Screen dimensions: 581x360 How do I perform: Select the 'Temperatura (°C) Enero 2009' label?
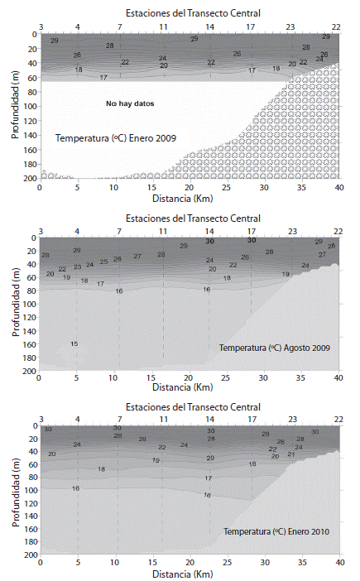(x=117, y=138)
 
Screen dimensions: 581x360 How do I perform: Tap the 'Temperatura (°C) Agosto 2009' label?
(x=275, y=348)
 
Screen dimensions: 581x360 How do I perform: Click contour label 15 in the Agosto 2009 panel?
(x=74, y=343)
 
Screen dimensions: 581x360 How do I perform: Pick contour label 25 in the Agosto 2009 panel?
(x=104, y=262)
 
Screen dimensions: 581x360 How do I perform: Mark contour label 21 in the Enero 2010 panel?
(x=291, y=454)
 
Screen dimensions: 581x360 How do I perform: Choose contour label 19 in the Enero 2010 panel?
(x=156, y=460)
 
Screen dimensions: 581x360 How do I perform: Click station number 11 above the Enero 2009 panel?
(x=163, y=26)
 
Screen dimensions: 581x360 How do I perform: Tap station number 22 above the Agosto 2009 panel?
(x=338, y=231)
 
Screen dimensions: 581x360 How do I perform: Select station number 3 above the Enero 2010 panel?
(x=41, y=419)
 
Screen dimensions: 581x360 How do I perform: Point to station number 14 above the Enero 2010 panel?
(x=210, y=419)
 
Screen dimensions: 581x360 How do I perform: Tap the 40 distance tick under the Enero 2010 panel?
(x=338, y=562)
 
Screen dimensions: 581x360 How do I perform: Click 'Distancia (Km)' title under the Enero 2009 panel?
(x=190, y=199)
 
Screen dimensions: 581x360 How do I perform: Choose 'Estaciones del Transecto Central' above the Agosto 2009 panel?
(x=190, y=218)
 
